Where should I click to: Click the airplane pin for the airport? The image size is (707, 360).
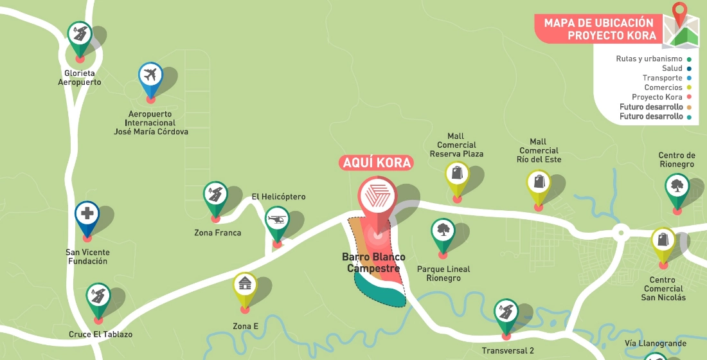click(151, 76)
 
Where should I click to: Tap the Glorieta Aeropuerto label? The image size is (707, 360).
click(80, 77)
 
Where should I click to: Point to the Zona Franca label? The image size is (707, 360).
click(217, 233)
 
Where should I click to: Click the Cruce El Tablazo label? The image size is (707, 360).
click(100, 334)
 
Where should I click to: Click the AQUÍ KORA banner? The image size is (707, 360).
click(376, 163)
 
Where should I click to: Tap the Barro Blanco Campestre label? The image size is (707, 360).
click(373, 263)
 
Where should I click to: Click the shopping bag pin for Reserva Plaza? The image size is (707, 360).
click(457, 174)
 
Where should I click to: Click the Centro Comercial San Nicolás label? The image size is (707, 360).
click(663, 289)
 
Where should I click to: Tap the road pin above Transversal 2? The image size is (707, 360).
click(506, 312)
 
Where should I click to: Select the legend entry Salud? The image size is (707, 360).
click(672, 68)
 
